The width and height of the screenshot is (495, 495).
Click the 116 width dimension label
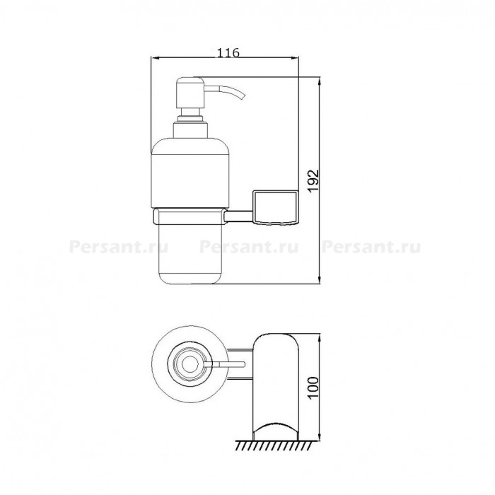click(228, 53)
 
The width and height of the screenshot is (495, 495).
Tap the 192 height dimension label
click(314, 181)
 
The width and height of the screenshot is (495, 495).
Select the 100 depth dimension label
click(313, 388)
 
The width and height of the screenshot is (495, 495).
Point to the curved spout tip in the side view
click(243, 96)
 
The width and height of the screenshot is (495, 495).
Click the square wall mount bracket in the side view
click(275, 207)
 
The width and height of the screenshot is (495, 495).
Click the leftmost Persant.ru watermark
click(118, 247)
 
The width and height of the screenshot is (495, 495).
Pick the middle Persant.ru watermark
click(249, 247)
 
